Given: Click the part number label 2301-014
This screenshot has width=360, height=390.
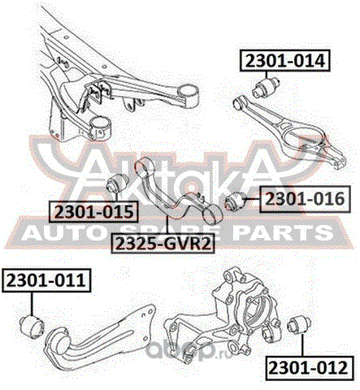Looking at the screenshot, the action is (x=285, y=61).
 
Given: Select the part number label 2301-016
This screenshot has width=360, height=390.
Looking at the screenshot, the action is (x=305, y=199).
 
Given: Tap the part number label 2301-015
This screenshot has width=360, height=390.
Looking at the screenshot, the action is (x=93, y=211).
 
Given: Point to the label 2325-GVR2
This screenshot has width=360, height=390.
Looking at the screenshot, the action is (x=163, y=243).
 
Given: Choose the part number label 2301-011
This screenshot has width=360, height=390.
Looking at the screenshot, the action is (x=46, y=280).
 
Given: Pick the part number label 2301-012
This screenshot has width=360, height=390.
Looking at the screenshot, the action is (x=309, y=368).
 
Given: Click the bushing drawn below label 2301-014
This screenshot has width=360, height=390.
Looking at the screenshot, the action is (x=266, y=87).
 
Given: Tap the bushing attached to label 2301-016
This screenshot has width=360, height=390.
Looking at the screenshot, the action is (x=236, y=201).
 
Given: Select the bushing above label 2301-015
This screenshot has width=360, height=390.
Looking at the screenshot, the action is (x=118, y=183).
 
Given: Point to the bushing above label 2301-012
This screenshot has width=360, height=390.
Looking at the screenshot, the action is (x=299, y=325).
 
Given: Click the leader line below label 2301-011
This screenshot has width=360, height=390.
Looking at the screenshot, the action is (x=32, y=304).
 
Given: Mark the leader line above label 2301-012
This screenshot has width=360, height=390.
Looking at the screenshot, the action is (x=302, y=345).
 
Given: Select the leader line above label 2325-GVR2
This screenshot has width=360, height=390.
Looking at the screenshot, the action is (x=167, y=225).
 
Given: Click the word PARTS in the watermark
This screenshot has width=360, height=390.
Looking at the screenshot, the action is (x=282, y=232).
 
